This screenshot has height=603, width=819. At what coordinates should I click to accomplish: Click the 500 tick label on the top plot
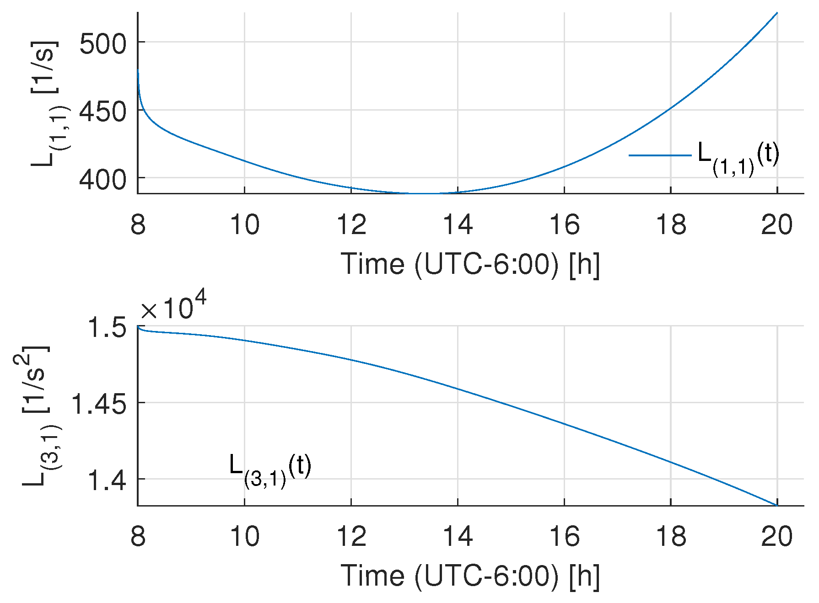[x=102, y=44]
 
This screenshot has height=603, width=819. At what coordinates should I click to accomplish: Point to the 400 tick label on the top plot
[x=102, y=180]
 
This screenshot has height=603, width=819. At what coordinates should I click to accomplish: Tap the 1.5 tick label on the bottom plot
[x=107, y=328]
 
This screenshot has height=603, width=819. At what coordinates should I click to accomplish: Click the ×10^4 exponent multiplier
[x=173, y=307]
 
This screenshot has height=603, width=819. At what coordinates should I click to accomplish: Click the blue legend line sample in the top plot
[x=660, y=155]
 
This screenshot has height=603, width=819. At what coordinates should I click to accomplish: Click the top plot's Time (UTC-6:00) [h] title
[x=470, y=264]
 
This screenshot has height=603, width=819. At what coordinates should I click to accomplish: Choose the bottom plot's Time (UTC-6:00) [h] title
[x=470, y=575]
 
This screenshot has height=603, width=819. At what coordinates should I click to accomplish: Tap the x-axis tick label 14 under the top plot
[x=458, y=225]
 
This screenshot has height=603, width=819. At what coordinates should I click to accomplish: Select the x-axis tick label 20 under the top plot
[x=777, y=225]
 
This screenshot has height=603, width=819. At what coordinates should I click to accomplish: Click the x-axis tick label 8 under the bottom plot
[x=138, y=536]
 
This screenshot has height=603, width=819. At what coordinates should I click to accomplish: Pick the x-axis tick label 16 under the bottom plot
[x=564, y=536]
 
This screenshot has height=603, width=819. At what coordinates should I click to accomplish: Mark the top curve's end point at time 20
[x=777, y=13]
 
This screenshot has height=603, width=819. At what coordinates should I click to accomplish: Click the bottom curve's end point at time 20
[x=777, y=505]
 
